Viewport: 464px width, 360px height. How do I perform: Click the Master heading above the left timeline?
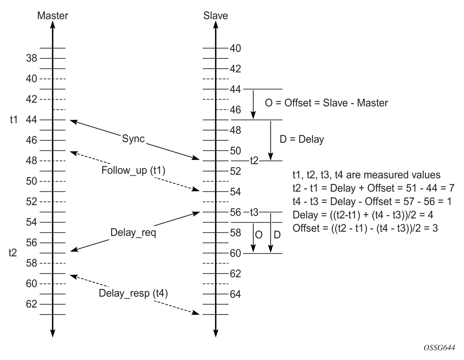click(x=53, y=16)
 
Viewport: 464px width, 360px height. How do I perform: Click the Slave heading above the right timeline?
click(x=215, y=16)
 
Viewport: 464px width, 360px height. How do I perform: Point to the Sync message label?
click(x=133, y=139)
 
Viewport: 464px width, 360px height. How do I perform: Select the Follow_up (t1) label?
click(x=133, y=171)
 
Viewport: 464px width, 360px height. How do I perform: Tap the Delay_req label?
click(x=133, y=232)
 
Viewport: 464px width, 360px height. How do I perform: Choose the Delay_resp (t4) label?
click(x=133, y=293)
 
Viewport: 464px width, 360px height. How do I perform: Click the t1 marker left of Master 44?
click(x=14, y=120)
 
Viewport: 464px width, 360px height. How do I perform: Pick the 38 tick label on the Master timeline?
click(x=31, y=58)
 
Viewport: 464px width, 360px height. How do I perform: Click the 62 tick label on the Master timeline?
click(x=31, y=304)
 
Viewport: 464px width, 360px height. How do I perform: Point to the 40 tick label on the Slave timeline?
click(x=235, y=48)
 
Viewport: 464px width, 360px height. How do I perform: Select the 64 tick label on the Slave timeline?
click(x=235, y=294)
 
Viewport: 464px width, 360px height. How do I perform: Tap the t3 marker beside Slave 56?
click(x=254, y=212)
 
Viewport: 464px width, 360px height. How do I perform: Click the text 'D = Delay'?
click(x=302, y=139)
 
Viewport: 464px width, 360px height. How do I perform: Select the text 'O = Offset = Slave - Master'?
click(x=326, y=103)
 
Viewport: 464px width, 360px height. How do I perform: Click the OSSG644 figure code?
click(x=439, y=348)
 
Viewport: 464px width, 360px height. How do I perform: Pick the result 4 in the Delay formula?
click(x=431, y=215)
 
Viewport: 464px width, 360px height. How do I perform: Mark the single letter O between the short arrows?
click(x=259, y=235)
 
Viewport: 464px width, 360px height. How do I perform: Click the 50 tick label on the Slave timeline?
click(x=235, y=151)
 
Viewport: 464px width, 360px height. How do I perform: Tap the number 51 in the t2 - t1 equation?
click(x=411, y=188)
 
